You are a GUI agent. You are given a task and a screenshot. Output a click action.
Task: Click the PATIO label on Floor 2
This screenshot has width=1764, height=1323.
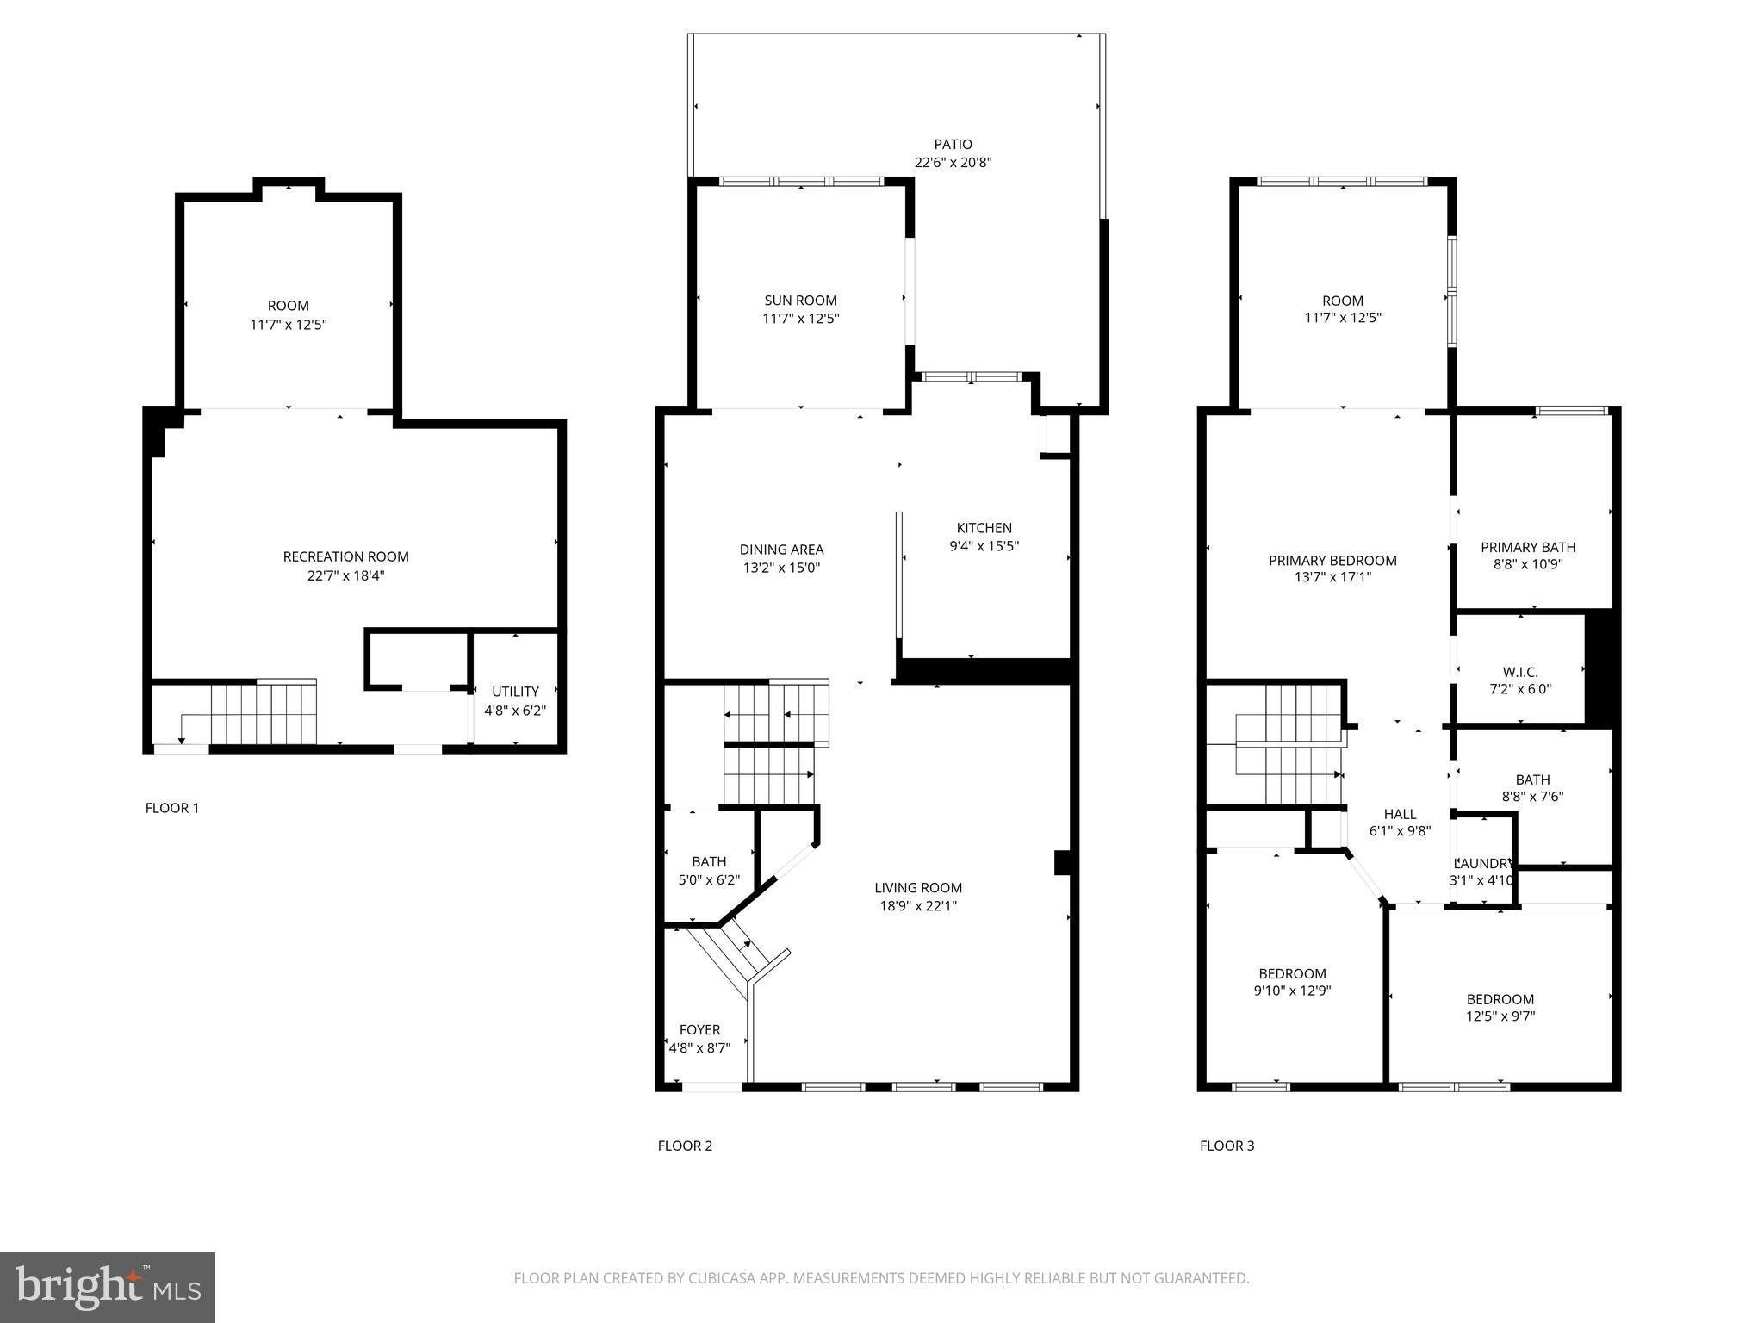953,145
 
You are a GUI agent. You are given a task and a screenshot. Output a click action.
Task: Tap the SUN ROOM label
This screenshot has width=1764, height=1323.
800,301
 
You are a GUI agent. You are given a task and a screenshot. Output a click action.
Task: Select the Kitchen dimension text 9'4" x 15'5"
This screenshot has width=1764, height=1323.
984,546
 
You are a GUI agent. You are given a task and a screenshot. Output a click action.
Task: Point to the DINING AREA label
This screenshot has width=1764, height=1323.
781,550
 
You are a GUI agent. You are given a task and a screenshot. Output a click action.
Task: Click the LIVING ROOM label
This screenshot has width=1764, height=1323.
918,888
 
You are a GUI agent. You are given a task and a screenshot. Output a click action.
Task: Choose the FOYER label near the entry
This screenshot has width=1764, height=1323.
699,1030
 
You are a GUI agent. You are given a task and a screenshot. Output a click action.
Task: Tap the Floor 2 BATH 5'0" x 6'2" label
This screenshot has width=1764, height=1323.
709,862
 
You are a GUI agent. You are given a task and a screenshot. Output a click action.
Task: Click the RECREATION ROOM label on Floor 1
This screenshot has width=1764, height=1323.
345,557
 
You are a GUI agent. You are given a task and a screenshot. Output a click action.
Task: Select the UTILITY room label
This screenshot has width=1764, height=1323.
515,692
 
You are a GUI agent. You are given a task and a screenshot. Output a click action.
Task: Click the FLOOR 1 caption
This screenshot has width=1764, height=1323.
172,808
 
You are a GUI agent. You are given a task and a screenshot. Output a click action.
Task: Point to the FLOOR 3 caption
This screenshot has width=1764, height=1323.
1227,1146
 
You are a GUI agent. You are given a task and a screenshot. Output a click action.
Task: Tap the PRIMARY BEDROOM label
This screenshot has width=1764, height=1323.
1332,561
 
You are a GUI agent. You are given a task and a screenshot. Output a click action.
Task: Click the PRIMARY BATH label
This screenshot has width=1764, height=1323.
1528,547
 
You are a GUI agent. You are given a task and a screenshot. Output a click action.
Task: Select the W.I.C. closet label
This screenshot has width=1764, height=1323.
1520,672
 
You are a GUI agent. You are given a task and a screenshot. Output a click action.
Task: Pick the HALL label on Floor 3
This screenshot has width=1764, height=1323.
1400,814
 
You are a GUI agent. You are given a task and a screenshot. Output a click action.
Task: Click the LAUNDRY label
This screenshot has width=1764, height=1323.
1482,864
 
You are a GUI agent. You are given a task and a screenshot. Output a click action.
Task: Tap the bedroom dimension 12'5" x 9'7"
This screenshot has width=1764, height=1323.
1500,1016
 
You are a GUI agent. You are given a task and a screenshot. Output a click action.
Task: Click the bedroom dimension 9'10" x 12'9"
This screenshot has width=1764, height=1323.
1292,991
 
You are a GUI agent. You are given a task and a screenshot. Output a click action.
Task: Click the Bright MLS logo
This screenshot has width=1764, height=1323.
108,1287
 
